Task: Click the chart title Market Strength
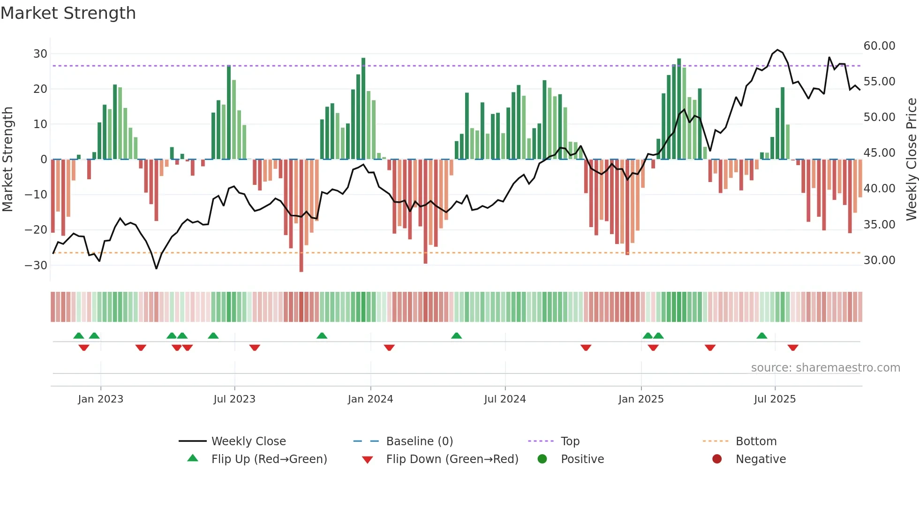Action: tap(68, 13)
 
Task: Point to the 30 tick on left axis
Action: tap(40, 53)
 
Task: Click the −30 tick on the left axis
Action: tap(37, 265)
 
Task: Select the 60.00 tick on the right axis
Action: tap(879, 46)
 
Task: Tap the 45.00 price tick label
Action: tap(879, 153)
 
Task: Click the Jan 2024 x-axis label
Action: tap(370, 399)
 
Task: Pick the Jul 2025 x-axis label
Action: tap(775, 399)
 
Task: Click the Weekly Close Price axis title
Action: tap(911, 160)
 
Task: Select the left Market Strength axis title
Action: tap(8, 160)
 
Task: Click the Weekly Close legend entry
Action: tap(248, 441)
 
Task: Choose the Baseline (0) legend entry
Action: tap(419, 441)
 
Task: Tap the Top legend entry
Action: tap(570, 441)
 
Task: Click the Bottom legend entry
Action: tap(756, 441)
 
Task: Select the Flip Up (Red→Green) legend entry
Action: tap(269, 459)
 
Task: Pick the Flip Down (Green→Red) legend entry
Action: tap(452, 459)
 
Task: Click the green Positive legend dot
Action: tap(542, 459)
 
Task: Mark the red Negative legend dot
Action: tap(717, 459)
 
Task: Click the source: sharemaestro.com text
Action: tap(825, 368)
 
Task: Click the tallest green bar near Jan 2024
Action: tap(363, 108)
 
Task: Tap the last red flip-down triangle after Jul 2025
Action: tap(793, 348)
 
